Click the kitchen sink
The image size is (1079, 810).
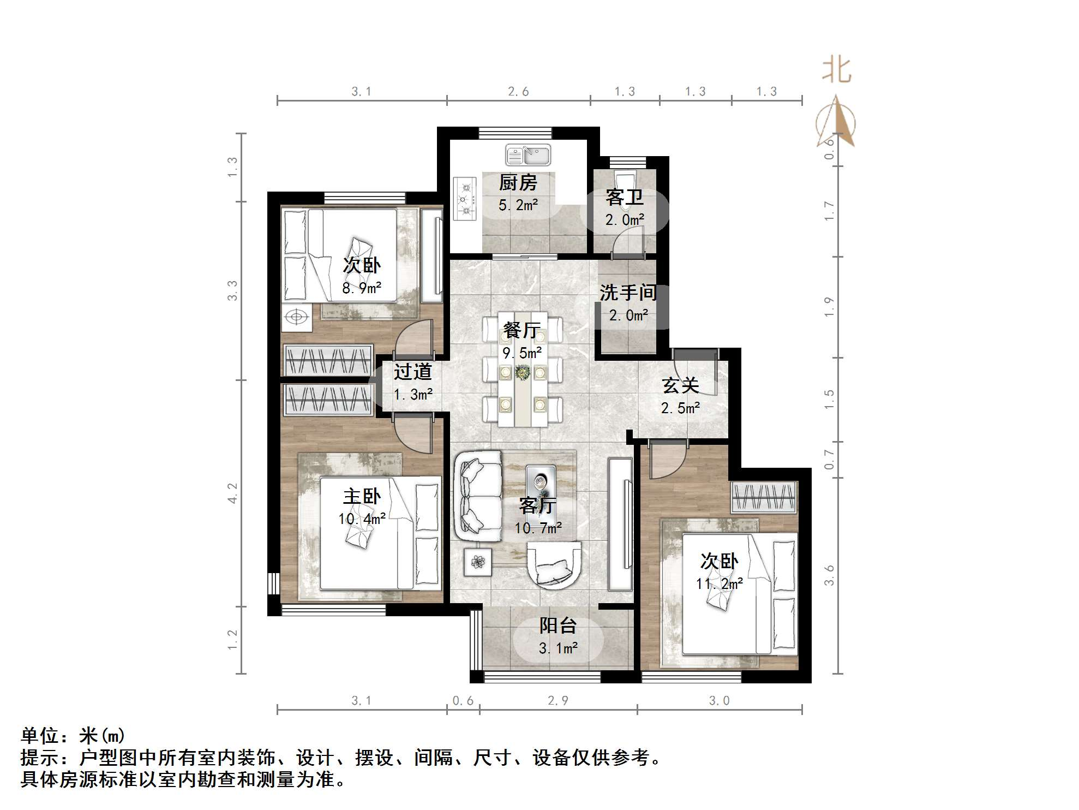[x=528, y=155]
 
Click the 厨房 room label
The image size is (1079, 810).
[x=518, y=183]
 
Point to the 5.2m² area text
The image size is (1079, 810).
[x=518, y=206]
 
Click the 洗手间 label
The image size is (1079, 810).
[x=628, y=293]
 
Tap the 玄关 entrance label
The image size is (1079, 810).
[x=680, y=386]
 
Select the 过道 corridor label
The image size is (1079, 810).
[x=413, y=372]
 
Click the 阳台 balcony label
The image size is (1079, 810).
[x=558, y=626]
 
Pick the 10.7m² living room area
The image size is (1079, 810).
[x=538, y=528]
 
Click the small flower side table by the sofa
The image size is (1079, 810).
[x=478, y=562]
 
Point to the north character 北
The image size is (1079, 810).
[x=837, y=71]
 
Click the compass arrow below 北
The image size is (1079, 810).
[x=836, y=123]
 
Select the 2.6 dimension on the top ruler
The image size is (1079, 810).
[x=518, y=92]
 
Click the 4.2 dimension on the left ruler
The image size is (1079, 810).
[x=233, y=493]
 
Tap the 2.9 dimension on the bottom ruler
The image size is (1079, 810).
[x=558, y=701]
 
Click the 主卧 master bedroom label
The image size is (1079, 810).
[x=362, y=497]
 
